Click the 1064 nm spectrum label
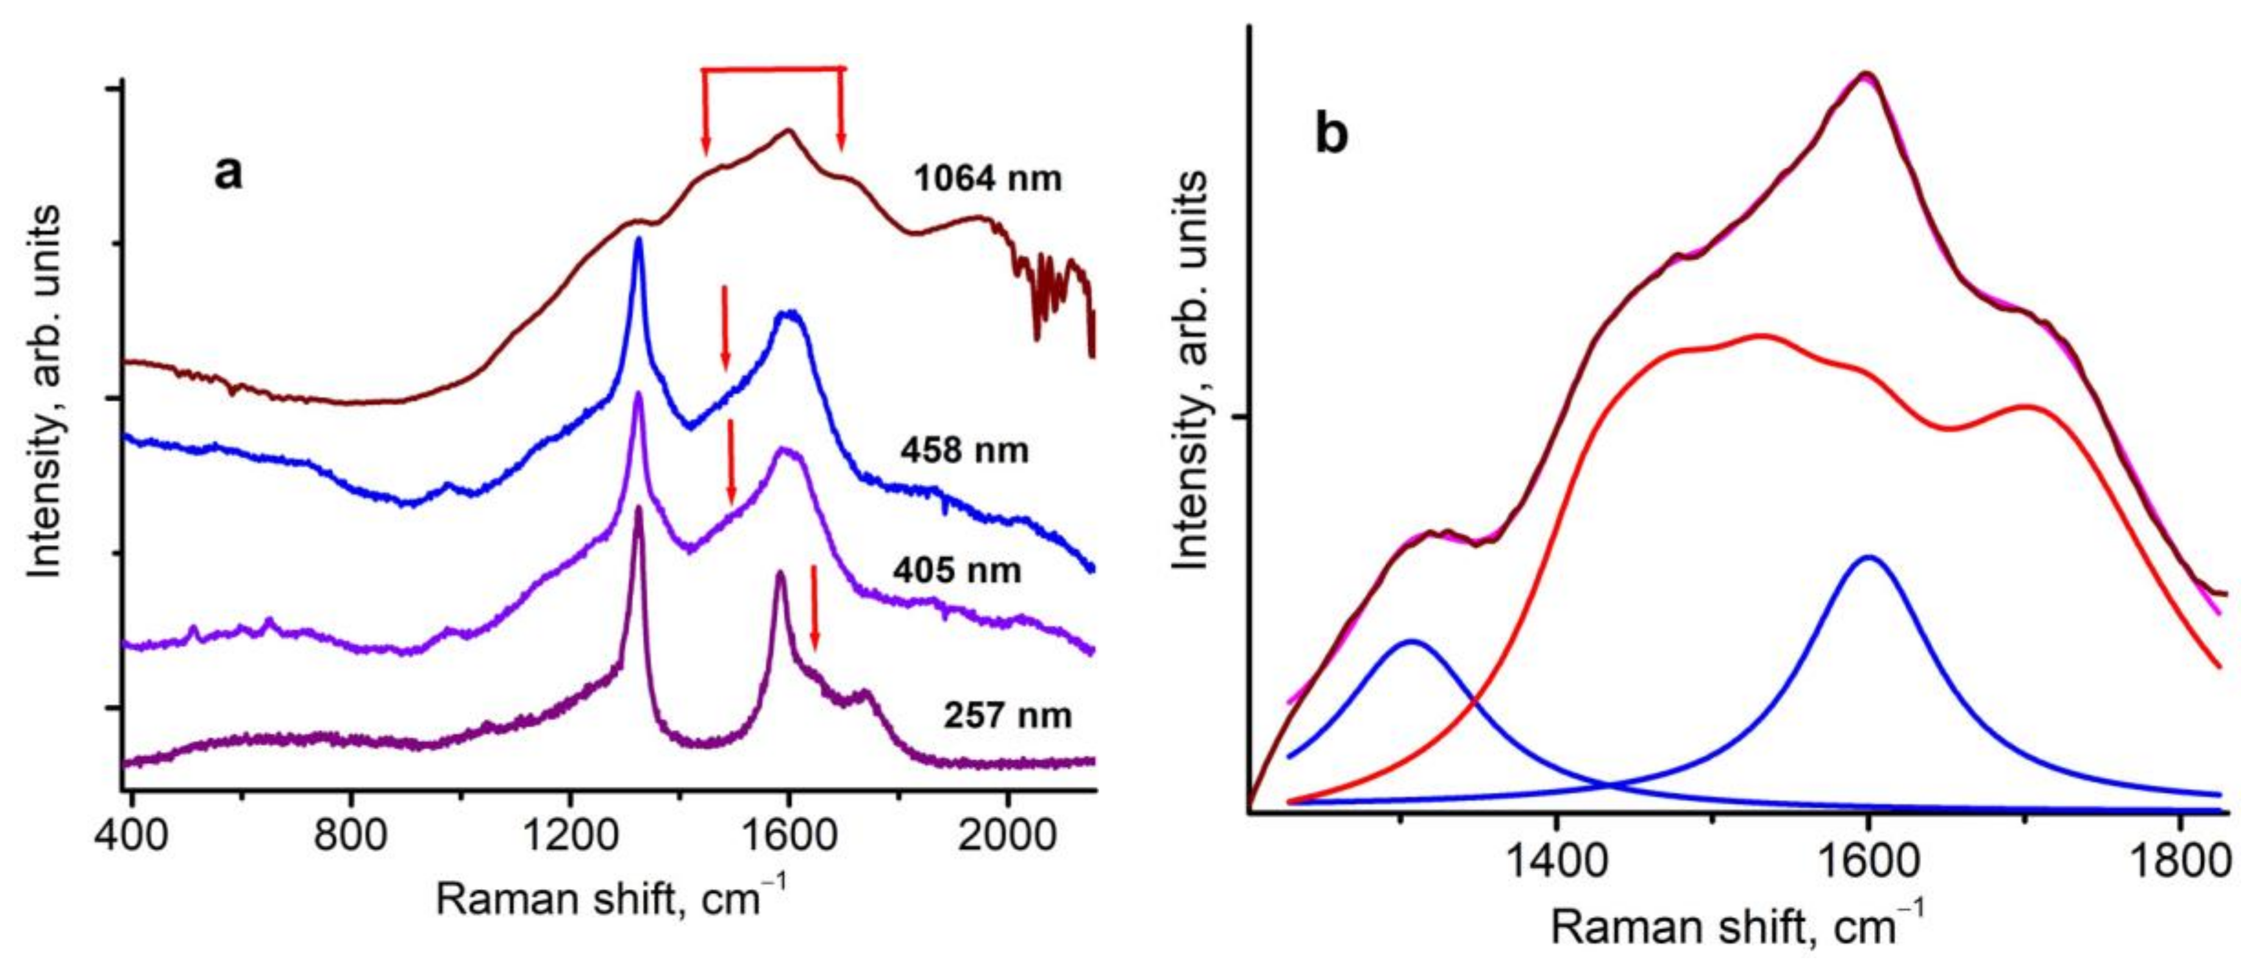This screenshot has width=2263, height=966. click(988, 179)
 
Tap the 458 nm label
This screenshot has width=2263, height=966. click(964, 451)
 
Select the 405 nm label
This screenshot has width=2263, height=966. click(958, 570)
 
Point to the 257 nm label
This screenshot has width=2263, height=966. click(1008, 715)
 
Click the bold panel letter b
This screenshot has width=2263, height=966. click(1331, 136)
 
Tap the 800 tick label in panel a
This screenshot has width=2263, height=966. click(351, 832)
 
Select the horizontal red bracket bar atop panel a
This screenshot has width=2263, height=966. click(773, 68)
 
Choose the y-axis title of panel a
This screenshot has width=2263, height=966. click(44, 391)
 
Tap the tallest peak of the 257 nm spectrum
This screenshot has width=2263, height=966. click(639, 508)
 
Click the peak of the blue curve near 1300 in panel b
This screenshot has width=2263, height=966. click(1412, 641)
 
